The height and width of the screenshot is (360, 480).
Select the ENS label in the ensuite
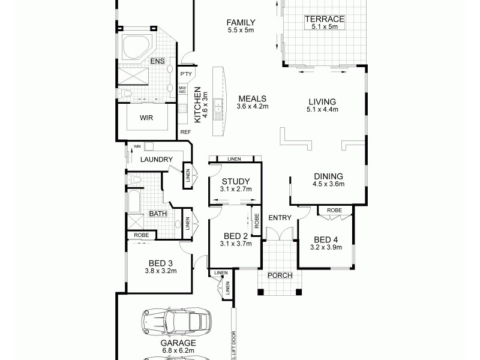(157, 61)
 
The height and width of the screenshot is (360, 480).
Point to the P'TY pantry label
(185, 74)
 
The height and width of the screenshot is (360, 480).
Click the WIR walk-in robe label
(146, 118)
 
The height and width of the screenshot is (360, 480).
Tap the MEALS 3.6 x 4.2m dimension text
(252, 106)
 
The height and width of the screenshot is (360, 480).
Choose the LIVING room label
(322, 101)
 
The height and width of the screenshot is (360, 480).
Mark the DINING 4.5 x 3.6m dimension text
(329, 184)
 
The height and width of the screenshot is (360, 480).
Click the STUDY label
(236, 182)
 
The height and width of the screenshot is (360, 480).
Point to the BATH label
(158, 213)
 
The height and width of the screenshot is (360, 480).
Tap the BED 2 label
(235, 236)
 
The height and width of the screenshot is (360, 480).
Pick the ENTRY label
(279, 217)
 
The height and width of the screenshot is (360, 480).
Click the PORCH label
(280, 275)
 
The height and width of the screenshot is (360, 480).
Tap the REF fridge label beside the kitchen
(185, 131)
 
